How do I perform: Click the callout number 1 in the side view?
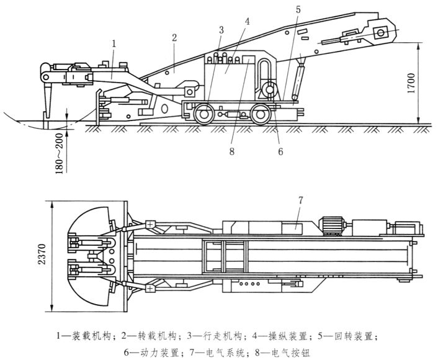tap(114, 43)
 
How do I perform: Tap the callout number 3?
tap(221, 29)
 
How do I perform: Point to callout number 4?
tap(246, 21)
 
